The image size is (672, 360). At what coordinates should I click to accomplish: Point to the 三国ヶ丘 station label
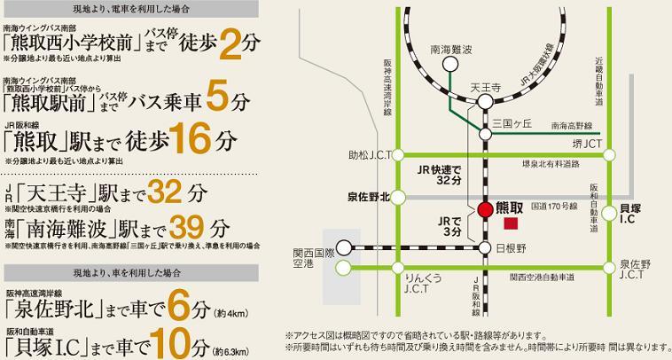pos(512,122)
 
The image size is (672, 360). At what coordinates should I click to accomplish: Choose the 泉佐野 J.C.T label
pos(637,270)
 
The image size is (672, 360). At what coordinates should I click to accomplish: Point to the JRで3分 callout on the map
pos(449,224)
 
